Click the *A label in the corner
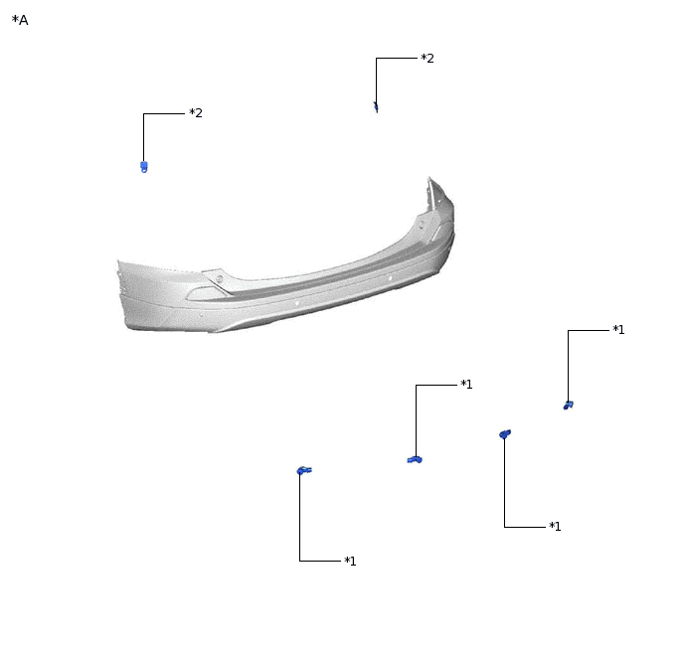(x=20, y=20)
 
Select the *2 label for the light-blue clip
(x=196, y=113)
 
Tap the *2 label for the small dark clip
(x=427, y=58)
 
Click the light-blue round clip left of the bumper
(x=144, y=167)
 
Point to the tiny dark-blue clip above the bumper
(x=376, y=106)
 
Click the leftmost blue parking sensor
(x=304, y=470)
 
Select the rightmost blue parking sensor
(x=568, y=406)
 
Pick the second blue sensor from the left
(x=415, y=459)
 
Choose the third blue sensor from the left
(x=505, y=433)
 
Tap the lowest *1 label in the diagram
(x=350, y=561)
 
